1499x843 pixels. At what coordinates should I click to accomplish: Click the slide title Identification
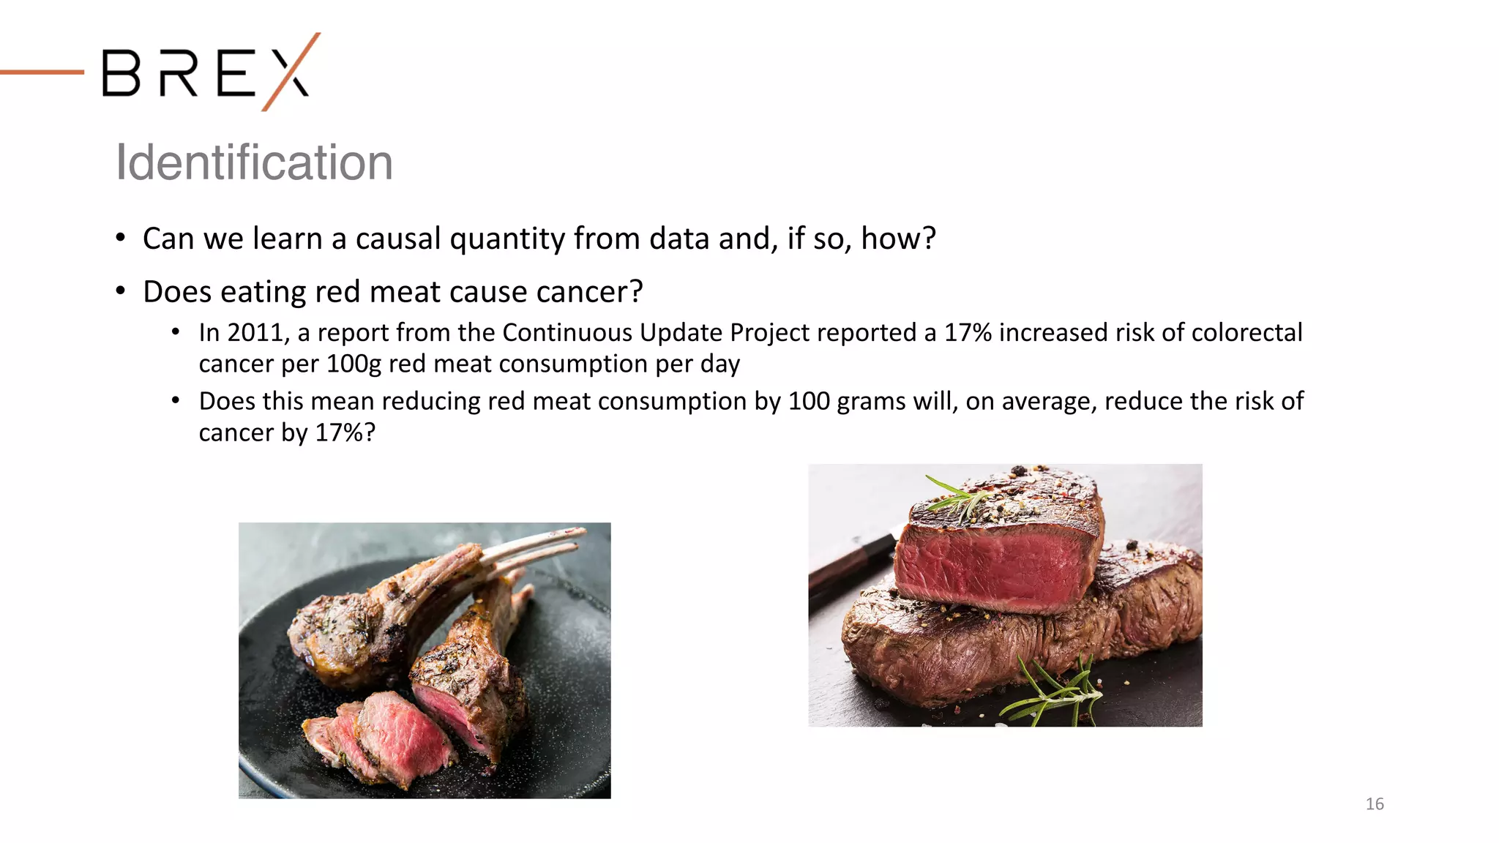point(254,162)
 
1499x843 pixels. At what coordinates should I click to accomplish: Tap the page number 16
point(1375,803)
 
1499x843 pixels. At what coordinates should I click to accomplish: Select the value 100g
point(354,364)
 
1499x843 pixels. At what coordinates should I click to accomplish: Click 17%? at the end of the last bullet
point(345,433)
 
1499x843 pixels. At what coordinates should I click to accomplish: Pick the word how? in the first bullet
point(898,239)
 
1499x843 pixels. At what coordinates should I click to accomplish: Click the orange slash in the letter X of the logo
point(291,71)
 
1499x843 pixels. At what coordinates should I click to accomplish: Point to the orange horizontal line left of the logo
point(42,72)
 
